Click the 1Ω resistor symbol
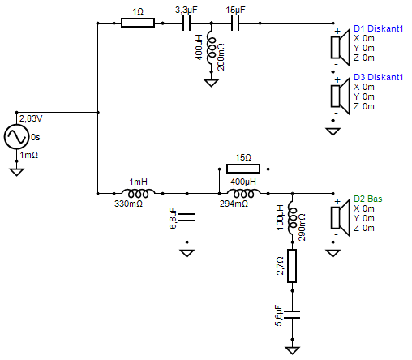point(137,24)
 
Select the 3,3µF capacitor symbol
point(184,24)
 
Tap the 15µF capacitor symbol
point(234,24)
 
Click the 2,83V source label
point(31,118)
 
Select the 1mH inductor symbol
point(138,193)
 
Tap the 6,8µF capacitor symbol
point(187,217)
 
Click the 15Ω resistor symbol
point(242,169)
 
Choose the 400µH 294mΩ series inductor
point(242,193)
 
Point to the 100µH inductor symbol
point(291,217)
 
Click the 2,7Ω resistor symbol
point(291,265)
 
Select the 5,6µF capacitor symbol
point(291,313)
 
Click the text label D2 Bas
point(370,198)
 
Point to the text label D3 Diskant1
point(378,77)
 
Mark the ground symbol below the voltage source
point(16,170)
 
